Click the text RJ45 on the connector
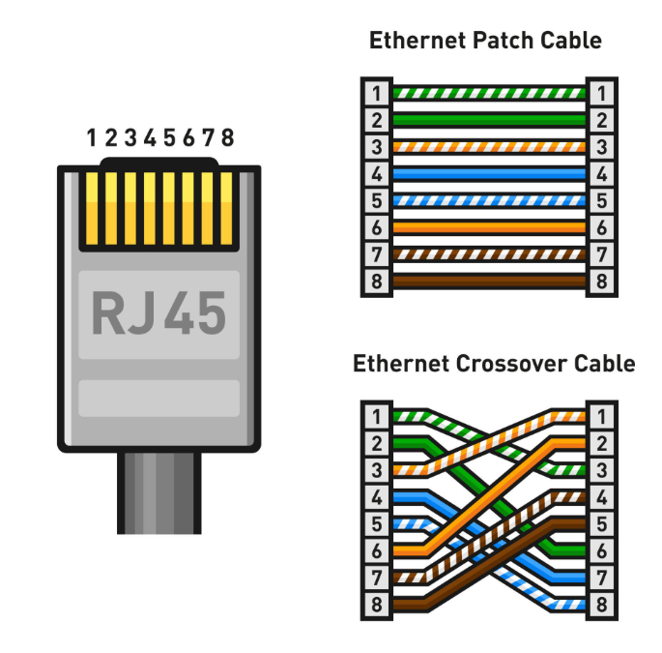(158, 312)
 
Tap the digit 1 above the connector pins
(92, 137)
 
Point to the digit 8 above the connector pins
(227, 137)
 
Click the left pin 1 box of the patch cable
(376, 93)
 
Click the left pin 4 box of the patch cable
(376, 175)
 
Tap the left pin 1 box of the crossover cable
(376, 417)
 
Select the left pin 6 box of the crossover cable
(376, 552)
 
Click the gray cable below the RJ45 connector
(159, 493)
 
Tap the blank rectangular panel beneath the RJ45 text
(158, 398)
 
